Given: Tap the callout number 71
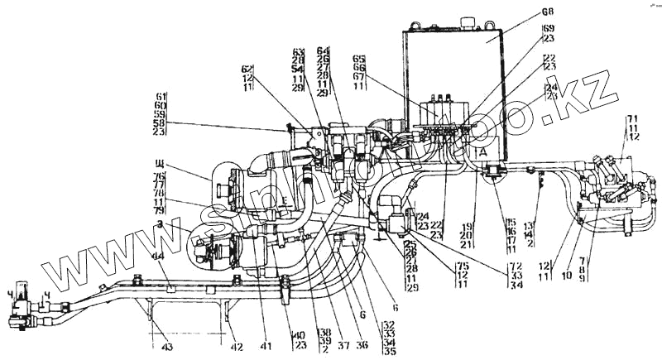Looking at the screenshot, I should pyautogui.click(x=633, y=119).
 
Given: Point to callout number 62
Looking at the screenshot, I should pyautogui.click(x=246, y=69).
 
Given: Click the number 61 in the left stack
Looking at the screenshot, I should pyautogui.click(x=160, y=96).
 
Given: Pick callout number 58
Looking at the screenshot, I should pyautogui.click(x=160, y=122).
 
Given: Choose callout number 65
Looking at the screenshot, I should pyautogui.click(x=358, y=60).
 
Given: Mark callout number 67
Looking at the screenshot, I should pyautogui.click(x=358, y=76).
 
